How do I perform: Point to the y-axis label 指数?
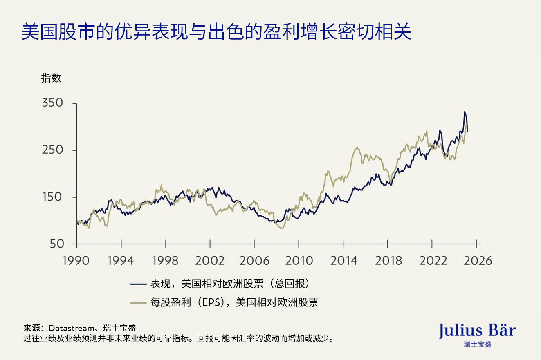coord(51,78)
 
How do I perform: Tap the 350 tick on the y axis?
coord(53,103)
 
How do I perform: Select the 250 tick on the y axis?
coord(53,150)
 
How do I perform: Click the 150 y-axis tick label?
coord(53,197)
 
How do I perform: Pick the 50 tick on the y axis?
coord(57,244)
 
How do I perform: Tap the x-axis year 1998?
coord(166,260)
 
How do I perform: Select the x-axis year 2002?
coord(210,260)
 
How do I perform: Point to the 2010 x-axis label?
coord(299,260)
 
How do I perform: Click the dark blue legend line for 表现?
coord(138,283)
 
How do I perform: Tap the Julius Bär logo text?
coord(477,331)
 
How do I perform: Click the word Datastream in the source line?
coord(72,328)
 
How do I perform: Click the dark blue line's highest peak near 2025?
coord(464,112)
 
